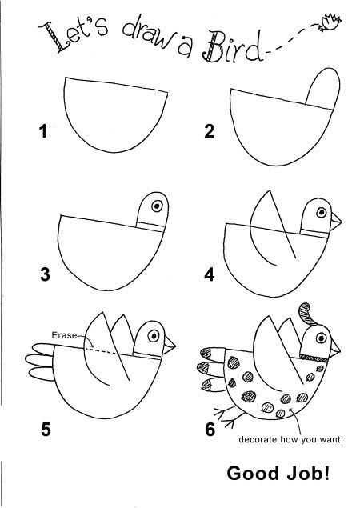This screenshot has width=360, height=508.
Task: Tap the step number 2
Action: coord(210,133)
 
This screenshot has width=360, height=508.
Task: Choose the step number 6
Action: coord(210,430)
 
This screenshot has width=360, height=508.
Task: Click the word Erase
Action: coord(64,336)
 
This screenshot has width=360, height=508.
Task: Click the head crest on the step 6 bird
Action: coord(307,314)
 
